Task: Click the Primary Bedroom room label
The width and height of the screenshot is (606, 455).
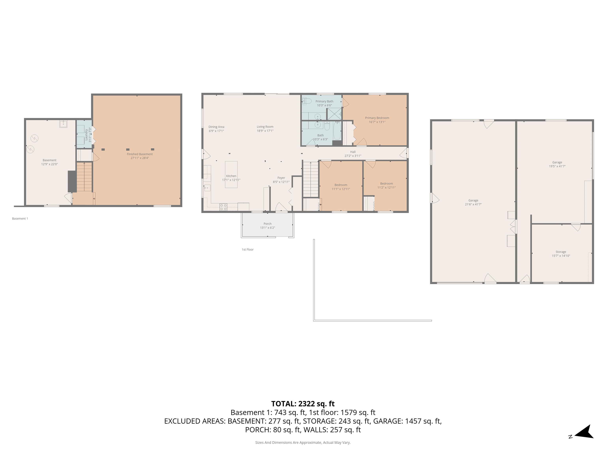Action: (377, 118)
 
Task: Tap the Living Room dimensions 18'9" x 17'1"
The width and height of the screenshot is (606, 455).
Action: (265, 131)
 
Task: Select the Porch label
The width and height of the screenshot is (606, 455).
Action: (267, 224)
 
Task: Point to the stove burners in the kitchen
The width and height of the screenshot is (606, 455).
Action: (223, 207)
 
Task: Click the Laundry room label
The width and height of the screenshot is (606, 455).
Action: (86, 135)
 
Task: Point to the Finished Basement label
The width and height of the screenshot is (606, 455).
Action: (140, 154)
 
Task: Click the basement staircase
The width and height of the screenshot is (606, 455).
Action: (84, 177)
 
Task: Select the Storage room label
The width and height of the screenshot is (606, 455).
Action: (561, 252)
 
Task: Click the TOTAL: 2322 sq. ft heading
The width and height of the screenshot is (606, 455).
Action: (303, 404)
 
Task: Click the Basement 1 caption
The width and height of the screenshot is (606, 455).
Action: (20, 219)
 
